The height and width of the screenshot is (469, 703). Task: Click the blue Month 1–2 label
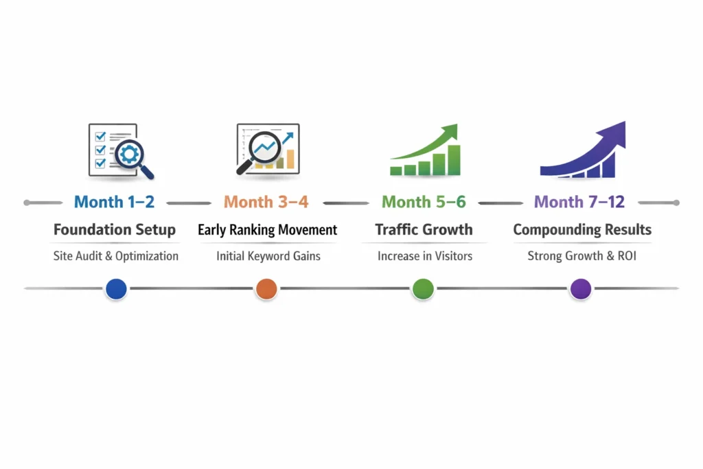pos(115,202)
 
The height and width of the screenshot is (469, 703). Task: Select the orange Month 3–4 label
pos(266,202)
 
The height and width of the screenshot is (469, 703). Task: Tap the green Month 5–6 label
pos(424,202)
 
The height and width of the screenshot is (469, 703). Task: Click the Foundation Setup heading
pos(115,229)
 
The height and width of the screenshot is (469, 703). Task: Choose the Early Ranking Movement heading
pos(267,229)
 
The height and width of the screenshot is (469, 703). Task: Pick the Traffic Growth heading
pos(424,229)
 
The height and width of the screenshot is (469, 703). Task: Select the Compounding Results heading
pos(582,229)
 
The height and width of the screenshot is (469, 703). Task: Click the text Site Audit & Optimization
pos(116,256)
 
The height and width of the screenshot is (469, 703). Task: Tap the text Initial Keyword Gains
pos(268,256)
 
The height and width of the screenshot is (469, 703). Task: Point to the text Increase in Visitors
pos(424,256)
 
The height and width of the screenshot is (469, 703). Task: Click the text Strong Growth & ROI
pos(582,256)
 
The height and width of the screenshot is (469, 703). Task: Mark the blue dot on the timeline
pos(117,289)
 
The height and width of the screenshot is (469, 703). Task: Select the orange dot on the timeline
pos(266,289)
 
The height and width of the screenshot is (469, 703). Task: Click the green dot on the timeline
pos(423,289)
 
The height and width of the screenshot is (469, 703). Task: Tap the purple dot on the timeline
pos(581,289)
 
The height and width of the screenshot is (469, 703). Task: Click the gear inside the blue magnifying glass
pos(128,153)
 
